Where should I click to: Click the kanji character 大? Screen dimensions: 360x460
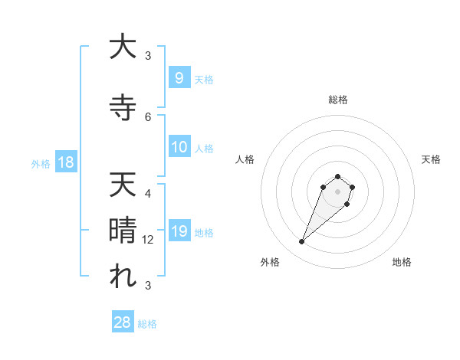point(122,47)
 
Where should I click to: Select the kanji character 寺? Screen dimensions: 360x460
point(122,107)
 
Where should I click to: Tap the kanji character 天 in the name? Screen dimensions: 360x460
point(122,185)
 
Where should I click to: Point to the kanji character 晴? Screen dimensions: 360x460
point(122,231)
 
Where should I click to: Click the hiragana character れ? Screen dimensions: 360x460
point(122,277)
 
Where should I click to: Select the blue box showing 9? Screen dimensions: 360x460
point(179,78)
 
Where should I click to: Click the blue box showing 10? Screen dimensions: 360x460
point(179,147)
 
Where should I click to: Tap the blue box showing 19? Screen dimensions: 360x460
point(179,231)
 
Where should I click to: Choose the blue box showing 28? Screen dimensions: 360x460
point(123,322)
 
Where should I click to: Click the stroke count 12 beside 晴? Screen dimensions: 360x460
point(149,240)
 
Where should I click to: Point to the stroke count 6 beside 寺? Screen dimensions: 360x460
point(148,117)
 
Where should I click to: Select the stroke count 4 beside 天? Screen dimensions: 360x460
point(148,194)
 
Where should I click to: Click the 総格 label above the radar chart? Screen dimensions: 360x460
point(338,100)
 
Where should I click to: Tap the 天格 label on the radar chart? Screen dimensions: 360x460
point(431,159)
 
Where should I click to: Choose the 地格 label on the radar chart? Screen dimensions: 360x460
point(402,262)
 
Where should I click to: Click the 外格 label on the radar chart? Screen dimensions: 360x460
point(270,262)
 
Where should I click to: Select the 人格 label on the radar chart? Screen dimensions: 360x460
point(245,159)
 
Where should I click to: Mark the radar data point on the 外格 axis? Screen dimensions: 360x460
point(301,242)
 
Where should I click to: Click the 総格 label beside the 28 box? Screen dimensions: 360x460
point(147,324)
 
